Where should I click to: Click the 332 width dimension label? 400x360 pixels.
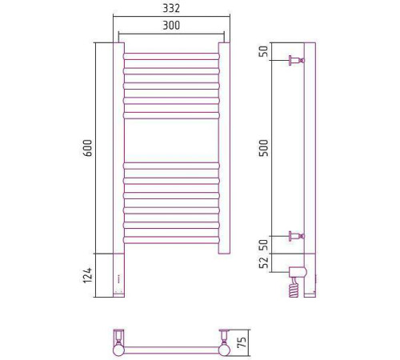pos(171,8)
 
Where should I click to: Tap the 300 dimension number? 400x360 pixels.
pos(171,26)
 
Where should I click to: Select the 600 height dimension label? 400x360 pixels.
pos(87,148)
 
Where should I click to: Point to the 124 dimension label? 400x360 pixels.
pos(87,275)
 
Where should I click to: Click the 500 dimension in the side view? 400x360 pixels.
pos(264,148)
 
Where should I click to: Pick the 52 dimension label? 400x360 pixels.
pos(264,263)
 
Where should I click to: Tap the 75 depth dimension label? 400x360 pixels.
pos(242,342)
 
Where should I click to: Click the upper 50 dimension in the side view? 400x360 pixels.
pos(264,51)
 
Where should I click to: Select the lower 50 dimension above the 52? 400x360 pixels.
pos(264,245)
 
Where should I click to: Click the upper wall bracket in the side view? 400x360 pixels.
pos(297,60)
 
